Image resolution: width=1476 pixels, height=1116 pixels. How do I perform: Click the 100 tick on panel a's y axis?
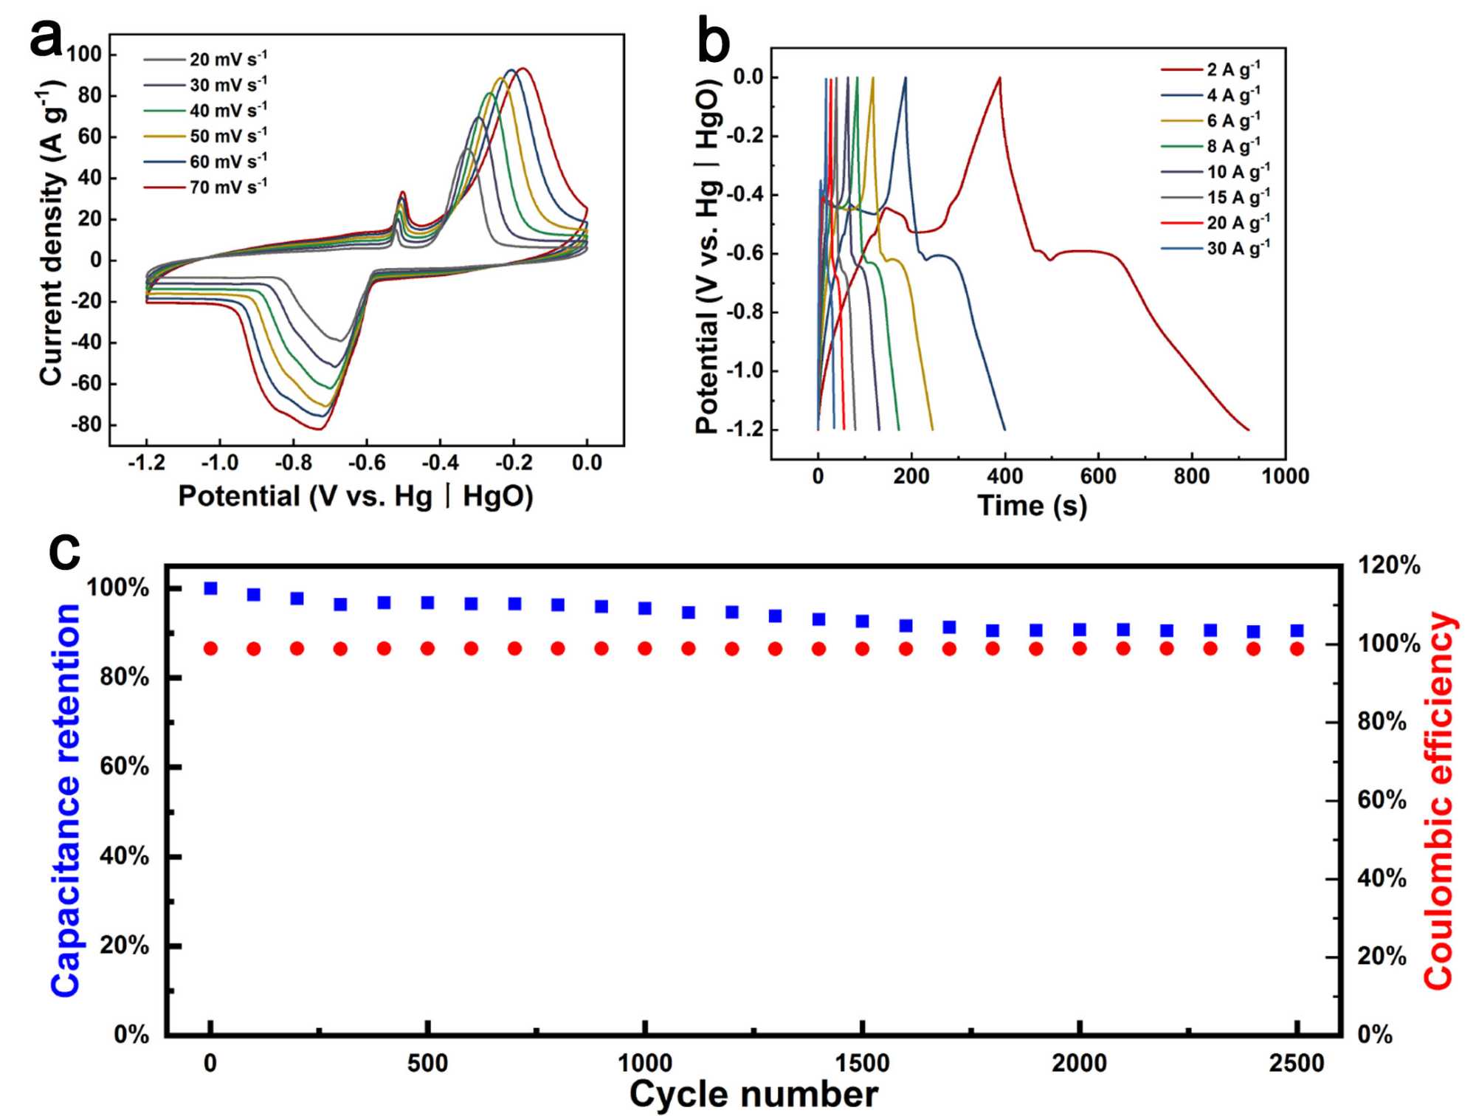(84, 54)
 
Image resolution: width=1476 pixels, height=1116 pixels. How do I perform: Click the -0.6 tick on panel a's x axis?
(367, 463)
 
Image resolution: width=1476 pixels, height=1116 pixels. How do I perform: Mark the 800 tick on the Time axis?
(1191, 476)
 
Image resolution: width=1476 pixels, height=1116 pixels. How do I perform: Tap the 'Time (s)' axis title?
(1032, 506)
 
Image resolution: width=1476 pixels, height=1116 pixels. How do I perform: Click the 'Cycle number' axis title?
(753, 1094)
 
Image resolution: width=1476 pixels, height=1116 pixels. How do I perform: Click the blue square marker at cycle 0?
(210, 588)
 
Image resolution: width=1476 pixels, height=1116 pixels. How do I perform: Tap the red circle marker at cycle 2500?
(1297, 649)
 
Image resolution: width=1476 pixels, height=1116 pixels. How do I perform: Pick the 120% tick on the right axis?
(1389, 565)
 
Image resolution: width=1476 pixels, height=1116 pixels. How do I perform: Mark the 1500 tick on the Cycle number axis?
(862, 1064)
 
